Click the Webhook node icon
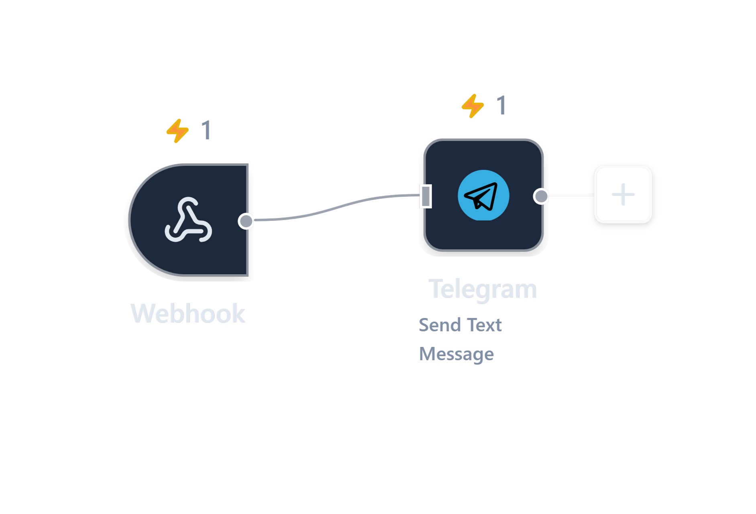tap(188, 220)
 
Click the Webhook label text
tap(188, 314)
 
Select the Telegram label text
tap(483, 289)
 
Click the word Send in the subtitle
tap(439, 325)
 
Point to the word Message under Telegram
tap(456, 354)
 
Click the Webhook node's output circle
tap(246, 221)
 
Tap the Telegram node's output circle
tap(541, 196)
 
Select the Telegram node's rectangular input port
tap(426, 196)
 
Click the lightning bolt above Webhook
tap(177, 131)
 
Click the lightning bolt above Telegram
tap(473, 106)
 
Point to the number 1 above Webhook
tap(206, 130)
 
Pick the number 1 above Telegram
tap(501, 105)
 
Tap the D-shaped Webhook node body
tap(153, 249)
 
